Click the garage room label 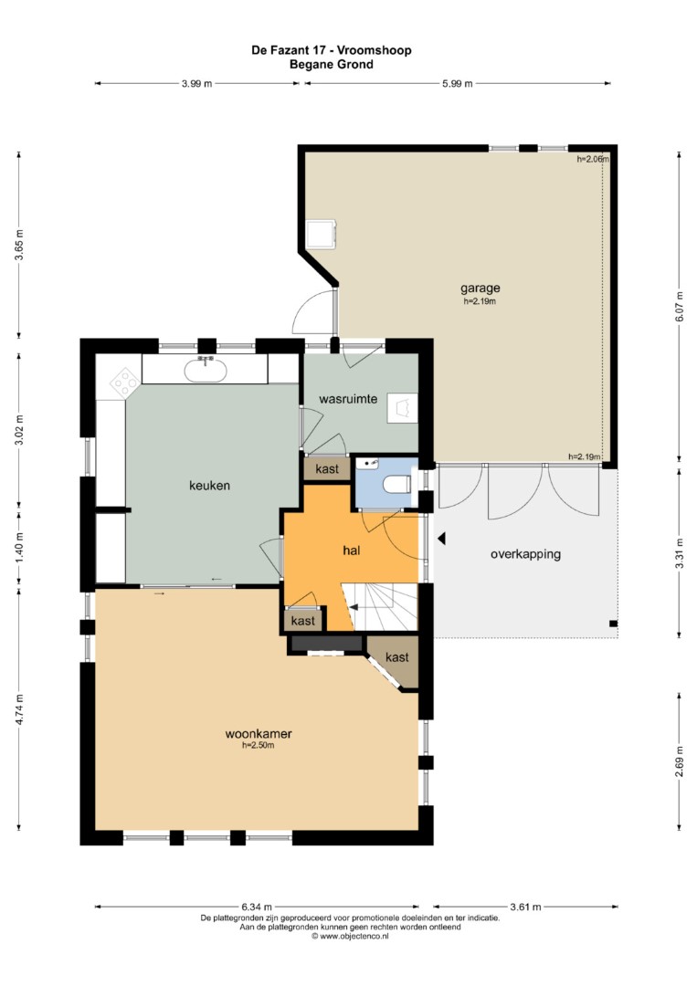480,288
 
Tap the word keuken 209,486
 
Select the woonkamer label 259,733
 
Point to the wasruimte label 348,399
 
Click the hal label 351,551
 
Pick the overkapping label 525,554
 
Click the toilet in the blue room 397,485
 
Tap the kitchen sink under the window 205,370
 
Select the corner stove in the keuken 125,381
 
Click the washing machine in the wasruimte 402,408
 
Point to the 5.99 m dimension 458,84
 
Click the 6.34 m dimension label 257,907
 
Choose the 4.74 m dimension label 19,709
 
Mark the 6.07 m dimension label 678,308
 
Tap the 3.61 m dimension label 525,907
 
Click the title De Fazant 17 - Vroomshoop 332,50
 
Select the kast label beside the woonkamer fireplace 397,657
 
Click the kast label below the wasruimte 327,468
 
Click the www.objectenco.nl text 351,937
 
